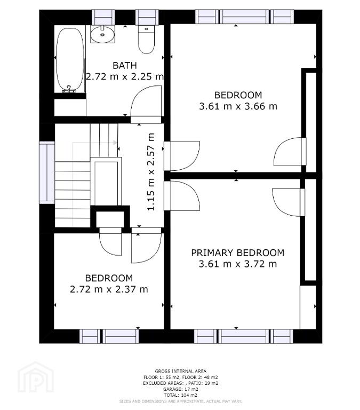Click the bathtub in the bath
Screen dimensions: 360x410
pos(70,60)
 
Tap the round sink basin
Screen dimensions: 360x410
pos(102,34)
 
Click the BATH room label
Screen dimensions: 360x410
pos(125,65)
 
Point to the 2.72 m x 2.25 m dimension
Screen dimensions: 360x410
pos(125,77)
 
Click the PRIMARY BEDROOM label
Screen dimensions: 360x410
pos(238,253)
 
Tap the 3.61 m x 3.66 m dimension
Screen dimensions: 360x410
pos(238,106)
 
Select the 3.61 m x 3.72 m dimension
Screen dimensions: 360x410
pos(238,264)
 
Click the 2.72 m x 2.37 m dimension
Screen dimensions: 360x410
pos(109,289)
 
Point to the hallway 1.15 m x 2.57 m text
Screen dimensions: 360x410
pos(151,172)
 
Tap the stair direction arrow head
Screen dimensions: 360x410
pos(115,143)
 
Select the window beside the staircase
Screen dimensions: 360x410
pos(47,172)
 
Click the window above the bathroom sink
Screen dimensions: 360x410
pos(104,17)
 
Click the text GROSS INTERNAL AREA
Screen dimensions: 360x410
pos(180,371)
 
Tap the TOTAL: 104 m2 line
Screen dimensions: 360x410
pos(180,395)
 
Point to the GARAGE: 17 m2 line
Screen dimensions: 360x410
pos(180,389)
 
